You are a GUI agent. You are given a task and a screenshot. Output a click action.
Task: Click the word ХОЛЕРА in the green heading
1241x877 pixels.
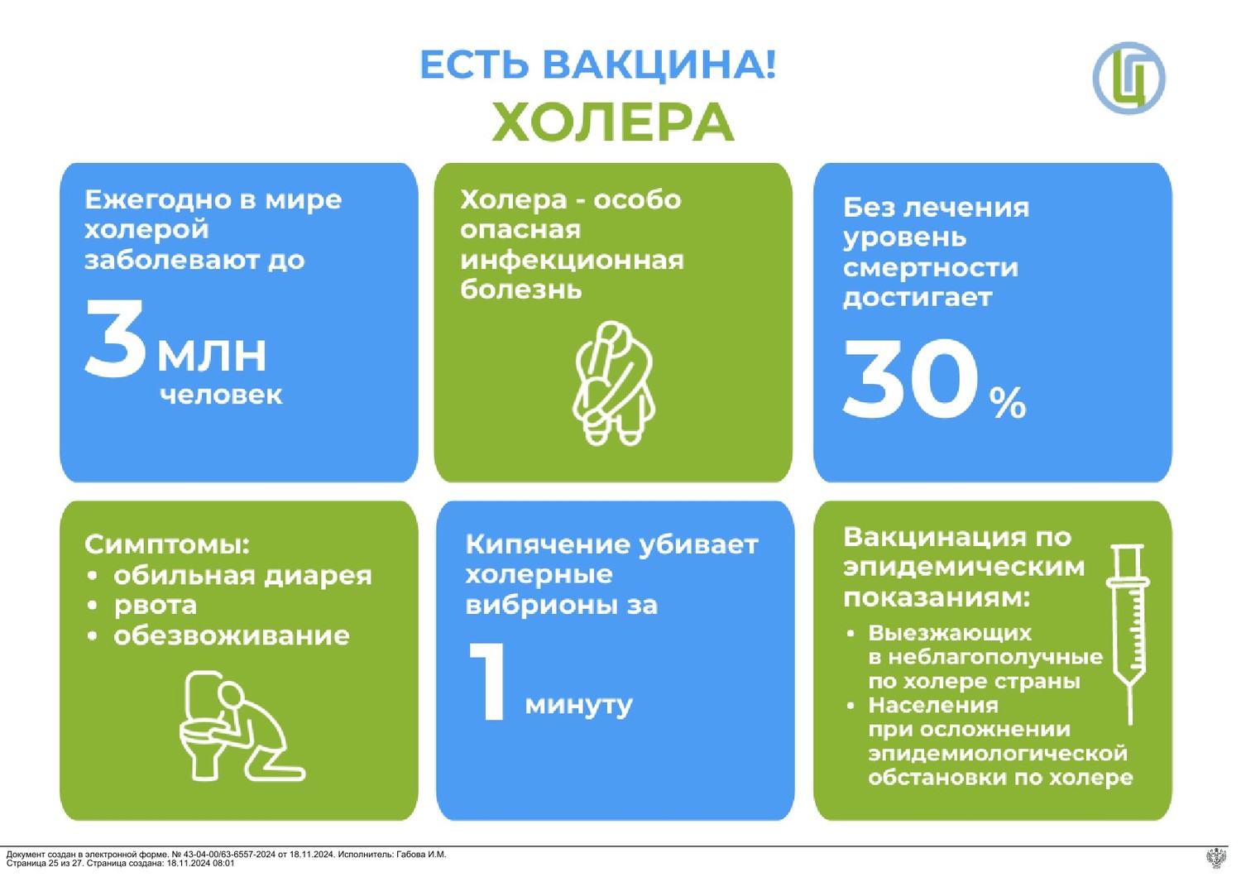click(x=613, y=122)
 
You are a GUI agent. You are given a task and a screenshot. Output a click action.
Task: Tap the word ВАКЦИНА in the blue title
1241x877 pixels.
click(x=649, y=65)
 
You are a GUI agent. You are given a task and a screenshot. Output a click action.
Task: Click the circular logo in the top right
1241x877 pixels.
click(x=1128, y=78)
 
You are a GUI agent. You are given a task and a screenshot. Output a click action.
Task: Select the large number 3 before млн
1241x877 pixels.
click(x=115, y=339)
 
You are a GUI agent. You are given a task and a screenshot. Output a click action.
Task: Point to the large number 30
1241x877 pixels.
click(x=909, y=378)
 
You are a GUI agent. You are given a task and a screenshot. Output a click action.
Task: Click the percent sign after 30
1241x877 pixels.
click(x=1008, y=403)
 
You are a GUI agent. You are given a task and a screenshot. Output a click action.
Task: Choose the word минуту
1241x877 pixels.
click(x=578, y=705)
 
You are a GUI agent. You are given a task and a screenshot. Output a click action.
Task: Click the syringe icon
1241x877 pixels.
click(x=1128, y=633)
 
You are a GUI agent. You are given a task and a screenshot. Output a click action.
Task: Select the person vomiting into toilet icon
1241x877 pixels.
click(x=242, y=726)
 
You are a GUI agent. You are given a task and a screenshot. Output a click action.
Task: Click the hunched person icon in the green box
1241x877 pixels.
click(x=613, y=383)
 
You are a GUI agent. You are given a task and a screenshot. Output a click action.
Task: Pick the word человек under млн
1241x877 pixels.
click(x=221, y=395)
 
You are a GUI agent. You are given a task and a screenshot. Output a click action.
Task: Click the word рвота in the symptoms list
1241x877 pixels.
click(x=156, y=606)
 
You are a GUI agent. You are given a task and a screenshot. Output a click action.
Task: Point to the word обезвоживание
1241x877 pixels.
click(x=232, y=635)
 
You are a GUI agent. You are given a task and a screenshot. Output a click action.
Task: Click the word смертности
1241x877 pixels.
click(x=930, y=267)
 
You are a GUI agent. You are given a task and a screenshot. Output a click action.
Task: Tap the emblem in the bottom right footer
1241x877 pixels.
click(x=1217, y=858)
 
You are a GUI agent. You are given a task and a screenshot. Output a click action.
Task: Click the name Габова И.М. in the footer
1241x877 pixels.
click(x=420, y=855)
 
